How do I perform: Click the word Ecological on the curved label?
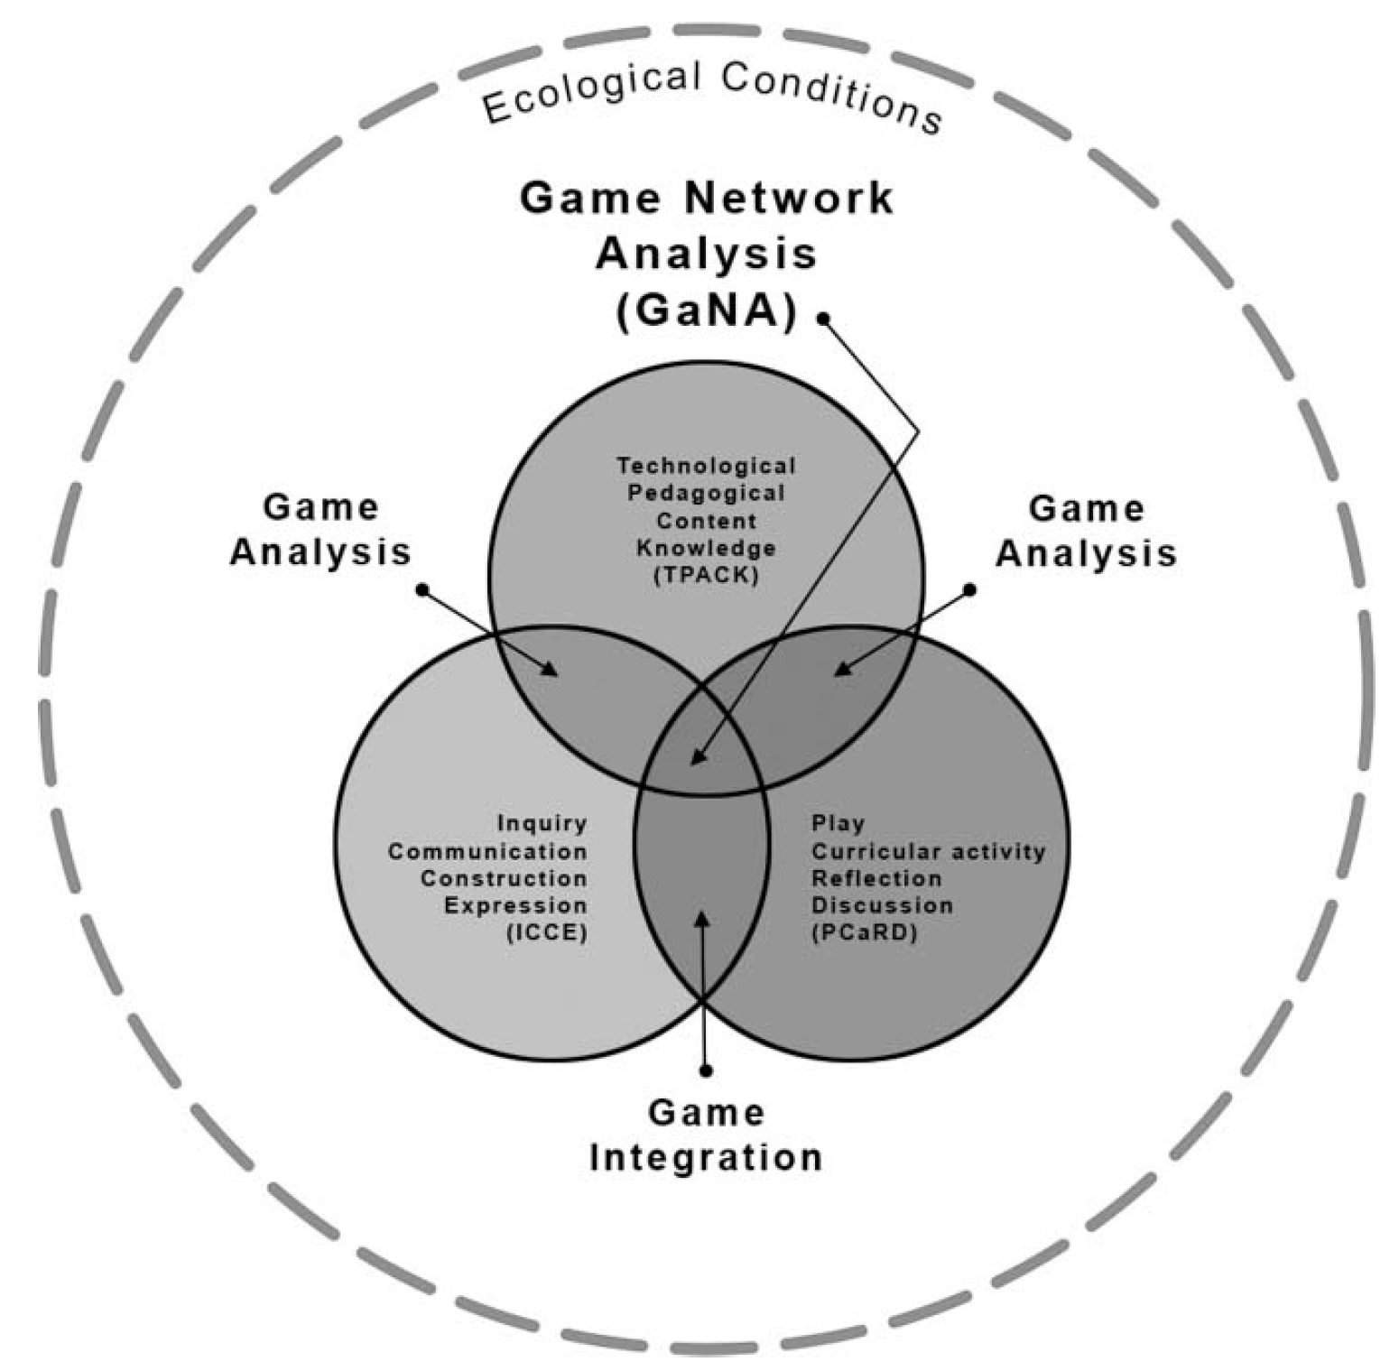(591, 90)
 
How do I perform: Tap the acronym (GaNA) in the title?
(706, 312)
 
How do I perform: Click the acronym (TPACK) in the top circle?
(706, 575)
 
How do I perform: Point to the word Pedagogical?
(706, 493)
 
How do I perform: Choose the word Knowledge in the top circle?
(706, 548)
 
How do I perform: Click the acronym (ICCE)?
(546, 932)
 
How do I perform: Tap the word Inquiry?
(542, 823)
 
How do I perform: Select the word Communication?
(487, 851)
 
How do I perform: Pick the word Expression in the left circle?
(515, 905)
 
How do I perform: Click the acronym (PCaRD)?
(864, 932)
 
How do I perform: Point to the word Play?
(838, 823)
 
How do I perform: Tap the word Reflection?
(876, 878)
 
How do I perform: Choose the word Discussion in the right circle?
(882, 905)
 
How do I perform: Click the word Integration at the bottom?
(706, 1158)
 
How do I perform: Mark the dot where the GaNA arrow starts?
(823, 318)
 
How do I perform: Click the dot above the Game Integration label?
(706, 1070)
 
